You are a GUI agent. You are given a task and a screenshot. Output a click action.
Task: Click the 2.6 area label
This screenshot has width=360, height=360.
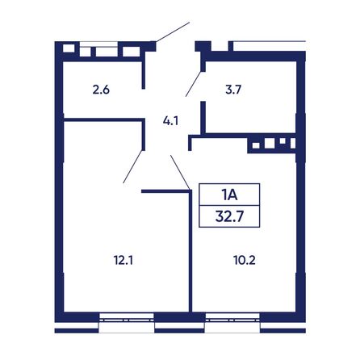101,90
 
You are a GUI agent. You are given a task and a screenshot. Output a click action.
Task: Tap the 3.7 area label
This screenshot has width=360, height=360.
233,90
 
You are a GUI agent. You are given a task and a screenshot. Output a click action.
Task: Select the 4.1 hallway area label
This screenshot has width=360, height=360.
170,121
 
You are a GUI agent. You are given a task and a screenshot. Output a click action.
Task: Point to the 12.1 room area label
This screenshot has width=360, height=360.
123,260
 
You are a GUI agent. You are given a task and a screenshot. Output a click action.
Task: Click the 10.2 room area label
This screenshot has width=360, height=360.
245,260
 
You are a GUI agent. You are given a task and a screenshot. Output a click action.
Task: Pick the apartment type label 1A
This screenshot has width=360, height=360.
229,195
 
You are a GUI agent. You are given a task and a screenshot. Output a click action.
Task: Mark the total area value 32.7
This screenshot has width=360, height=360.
229,216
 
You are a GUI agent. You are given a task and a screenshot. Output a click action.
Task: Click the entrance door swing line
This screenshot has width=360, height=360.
173,32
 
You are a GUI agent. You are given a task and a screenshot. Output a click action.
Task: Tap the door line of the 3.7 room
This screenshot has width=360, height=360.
194,84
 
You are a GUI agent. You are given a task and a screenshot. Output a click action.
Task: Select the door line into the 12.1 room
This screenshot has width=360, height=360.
132,166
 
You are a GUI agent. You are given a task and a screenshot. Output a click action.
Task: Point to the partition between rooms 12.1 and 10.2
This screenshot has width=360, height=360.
190,251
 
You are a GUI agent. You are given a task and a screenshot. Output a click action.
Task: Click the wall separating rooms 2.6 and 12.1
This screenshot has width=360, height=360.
103,119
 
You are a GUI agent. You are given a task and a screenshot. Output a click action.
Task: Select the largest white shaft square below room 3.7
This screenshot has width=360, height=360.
270,143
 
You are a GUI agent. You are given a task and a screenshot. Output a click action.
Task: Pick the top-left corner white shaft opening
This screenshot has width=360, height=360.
69,48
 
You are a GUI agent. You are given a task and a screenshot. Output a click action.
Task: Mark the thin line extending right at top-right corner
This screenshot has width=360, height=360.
269,41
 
